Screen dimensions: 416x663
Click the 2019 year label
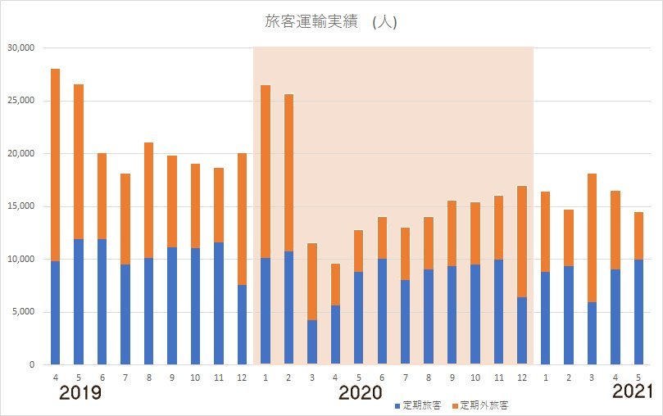[80, 393]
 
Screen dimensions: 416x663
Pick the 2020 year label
[361, 393]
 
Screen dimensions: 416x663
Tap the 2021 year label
[634, 392]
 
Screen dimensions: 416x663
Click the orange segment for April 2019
[56, 165]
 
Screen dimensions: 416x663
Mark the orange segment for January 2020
[266, 171]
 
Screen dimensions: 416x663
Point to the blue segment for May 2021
[639, 312]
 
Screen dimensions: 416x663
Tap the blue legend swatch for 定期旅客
[397, 405]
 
